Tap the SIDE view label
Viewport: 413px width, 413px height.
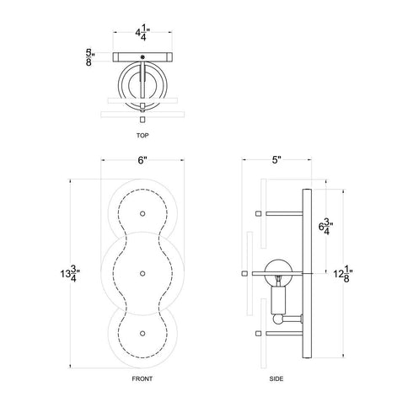[277, 380]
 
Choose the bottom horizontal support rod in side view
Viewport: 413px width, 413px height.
[282, 335]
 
